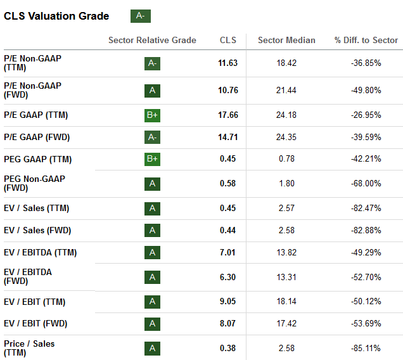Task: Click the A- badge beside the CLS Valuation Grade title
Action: (140, 16)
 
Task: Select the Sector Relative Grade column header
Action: (152, 40)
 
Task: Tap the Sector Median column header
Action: (286, 40)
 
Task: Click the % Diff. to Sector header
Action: (366, 40)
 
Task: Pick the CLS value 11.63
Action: (227, 63)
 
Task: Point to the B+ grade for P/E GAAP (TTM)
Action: (152, 115)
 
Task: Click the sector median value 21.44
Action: (286, 90)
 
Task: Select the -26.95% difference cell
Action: (366, 115)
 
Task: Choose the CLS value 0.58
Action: (227, 184)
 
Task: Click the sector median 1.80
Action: (286, 184)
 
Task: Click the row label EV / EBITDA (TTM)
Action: (41, 252)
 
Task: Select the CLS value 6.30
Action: (227, 277)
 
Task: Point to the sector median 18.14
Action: (286, 302)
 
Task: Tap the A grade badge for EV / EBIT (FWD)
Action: (152, 324)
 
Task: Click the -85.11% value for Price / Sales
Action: (366, 348)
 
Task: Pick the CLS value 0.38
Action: (227, 348)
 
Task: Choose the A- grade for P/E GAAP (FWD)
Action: (152, 137)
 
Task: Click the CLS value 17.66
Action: (227, 115)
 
